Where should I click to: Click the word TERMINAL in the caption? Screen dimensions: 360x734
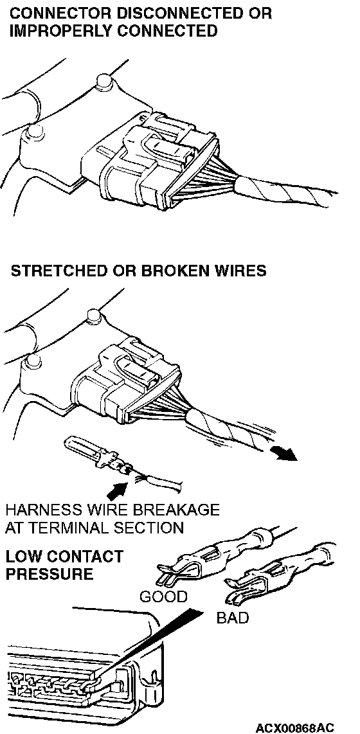(x=64, y=528)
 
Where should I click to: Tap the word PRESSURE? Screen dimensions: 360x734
(x=50, y=574)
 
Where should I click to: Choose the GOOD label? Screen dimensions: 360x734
(x=163, y=596)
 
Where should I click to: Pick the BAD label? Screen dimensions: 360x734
(x=232, y=618)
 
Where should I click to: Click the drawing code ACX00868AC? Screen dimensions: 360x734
(x=295, y=728)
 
